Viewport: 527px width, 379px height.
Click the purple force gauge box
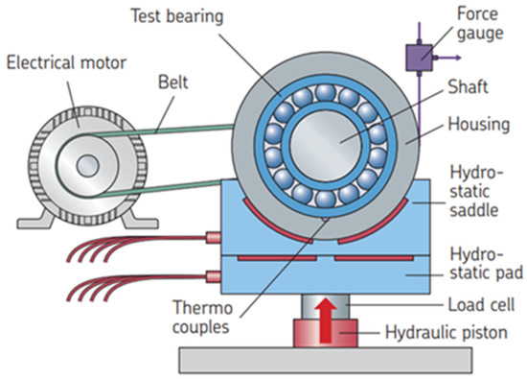coord(418,57)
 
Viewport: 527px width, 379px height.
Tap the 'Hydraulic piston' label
coord(449,334)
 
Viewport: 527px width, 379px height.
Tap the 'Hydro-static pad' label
coord(476,261)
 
